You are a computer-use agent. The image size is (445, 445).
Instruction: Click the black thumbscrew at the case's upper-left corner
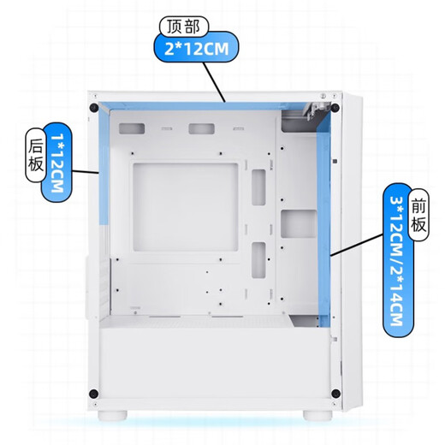[92, 108]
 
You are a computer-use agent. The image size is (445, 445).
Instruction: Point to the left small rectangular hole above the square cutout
[133, 129]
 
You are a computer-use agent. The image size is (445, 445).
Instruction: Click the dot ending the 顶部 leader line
[224, 101]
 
